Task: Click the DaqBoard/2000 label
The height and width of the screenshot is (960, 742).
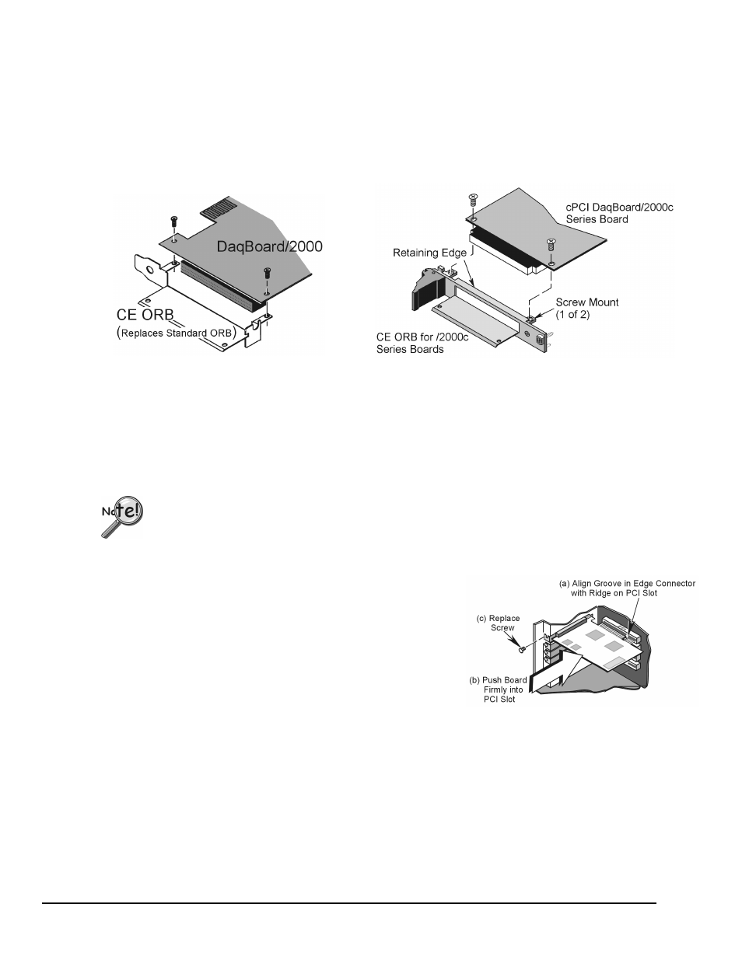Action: (270, 246)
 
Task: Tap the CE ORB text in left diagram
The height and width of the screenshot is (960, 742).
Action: (145, 315)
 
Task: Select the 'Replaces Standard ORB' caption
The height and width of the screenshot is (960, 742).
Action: (177, 333)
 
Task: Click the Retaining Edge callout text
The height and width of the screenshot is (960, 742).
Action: (429, 253)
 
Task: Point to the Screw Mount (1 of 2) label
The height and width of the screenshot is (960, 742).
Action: (587, 309)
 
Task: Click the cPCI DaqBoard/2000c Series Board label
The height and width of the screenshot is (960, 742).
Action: (620, 213)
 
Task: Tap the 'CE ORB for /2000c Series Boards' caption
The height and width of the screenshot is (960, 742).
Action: (422, 343)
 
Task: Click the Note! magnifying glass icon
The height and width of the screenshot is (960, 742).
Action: (122, 516)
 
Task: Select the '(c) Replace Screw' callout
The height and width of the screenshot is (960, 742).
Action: (498, 623)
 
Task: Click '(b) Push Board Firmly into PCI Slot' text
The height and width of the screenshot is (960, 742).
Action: (498, 689)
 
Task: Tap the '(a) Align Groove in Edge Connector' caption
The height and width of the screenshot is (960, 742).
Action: (627, 584)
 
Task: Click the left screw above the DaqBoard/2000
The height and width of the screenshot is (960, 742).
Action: (173, 222)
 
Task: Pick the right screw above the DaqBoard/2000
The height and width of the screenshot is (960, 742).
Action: (267, 273)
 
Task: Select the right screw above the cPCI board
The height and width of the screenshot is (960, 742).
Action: (551, 244)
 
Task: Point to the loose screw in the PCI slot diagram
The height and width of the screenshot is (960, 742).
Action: (523, 649)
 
